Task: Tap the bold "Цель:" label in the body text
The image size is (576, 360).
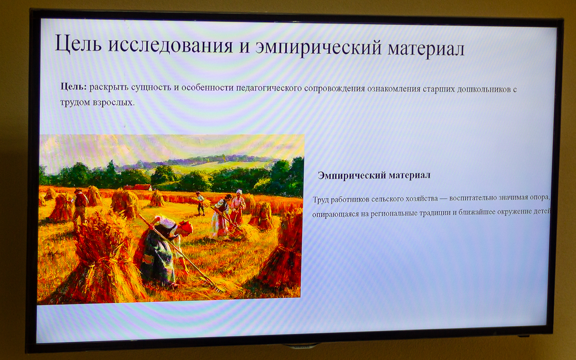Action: point(74,87)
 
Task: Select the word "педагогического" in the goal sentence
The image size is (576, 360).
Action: point(269,88)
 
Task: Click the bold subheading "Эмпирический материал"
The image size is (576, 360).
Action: point(374,175)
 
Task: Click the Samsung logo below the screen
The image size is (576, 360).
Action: point(302,347)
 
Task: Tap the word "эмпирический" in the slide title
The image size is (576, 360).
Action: point(318,47)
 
